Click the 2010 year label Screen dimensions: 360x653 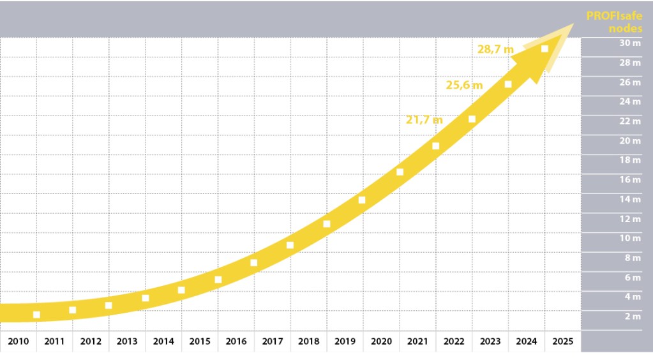(x=19, y=341)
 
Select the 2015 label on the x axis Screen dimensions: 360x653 (x=200, y=341)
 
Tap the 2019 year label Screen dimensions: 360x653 (x=345, y=341)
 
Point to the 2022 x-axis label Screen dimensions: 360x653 (x=454, y=341)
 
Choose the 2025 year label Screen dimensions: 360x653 (x=563, y=341)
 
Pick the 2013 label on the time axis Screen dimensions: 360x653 (x=127, y=341)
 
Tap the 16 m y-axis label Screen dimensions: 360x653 (x=631, y=180)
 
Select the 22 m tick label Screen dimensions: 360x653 (x=631, y=121)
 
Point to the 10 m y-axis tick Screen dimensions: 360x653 (x=631, y=239)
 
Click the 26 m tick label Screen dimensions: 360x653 (x=631, y=82)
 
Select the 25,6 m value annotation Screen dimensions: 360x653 (x=464, y=84)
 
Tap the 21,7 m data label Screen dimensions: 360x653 (x=424, y=119)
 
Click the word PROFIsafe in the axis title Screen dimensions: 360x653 (x=614, y=17)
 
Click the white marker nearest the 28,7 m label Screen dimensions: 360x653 (x=544, y=49)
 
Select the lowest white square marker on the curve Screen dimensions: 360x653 (x=36, y=315)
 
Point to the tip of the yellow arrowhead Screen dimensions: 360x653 (x=575, y=24)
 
